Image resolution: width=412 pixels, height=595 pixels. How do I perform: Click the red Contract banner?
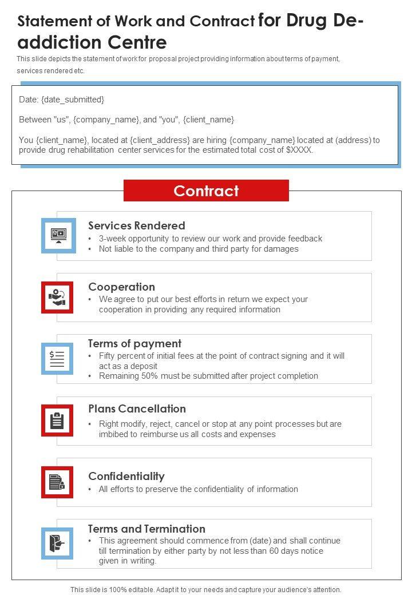pos(206,191)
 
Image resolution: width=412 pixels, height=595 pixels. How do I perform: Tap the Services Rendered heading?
pos(137,225)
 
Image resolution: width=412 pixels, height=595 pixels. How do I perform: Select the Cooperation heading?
pos(121,287)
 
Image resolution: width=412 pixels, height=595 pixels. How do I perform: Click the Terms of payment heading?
pos(134,343)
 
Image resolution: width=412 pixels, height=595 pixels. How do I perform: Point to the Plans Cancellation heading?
pos(137,408)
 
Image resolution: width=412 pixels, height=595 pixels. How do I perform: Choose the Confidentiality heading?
pos(126,476)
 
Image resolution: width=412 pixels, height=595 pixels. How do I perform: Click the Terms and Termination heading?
pos(146,529)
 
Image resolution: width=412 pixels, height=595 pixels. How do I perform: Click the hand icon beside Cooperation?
pos(57,297)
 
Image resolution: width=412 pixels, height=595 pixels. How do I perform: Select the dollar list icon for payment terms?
pos(57,359)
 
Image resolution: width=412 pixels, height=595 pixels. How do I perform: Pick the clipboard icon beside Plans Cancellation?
pos(57,421)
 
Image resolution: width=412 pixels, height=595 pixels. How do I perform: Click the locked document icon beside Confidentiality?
pos(57,482)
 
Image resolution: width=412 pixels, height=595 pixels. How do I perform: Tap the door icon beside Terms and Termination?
pos(57,543)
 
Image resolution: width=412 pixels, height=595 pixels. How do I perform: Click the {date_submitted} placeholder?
pos(73,100)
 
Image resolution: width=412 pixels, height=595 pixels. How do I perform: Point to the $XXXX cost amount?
pos(299,150)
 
